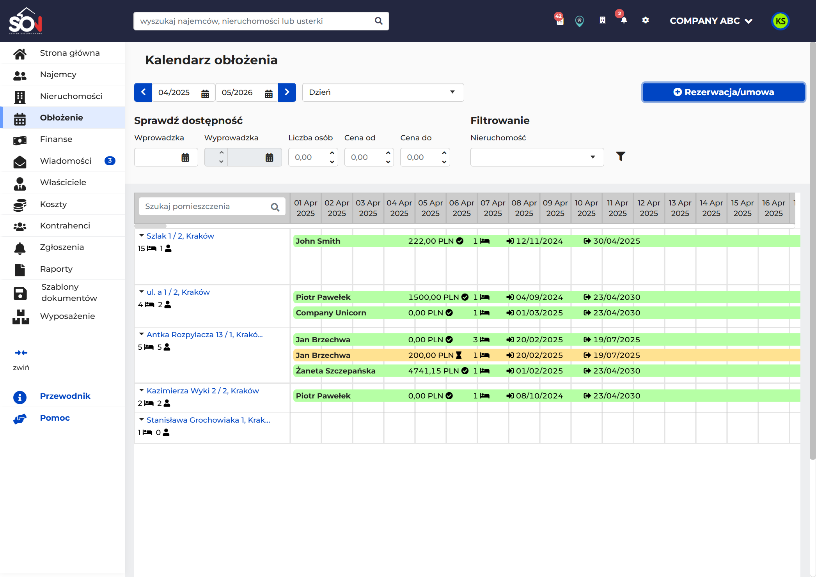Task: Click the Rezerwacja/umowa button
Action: point(724,92)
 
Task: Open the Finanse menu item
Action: point(56,139)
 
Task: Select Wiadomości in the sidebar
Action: point(66,161)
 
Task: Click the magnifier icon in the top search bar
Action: point(378,21)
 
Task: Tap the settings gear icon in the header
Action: point(646,20)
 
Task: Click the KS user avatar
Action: point(780,21)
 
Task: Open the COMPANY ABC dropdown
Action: point(711,21)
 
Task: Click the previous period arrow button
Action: point(143,92)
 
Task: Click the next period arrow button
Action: point(287,92)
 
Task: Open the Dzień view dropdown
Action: point(383,92)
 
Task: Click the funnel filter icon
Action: point(621,156)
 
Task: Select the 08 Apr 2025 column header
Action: point(524,208)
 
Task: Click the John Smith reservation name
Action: point(318,241)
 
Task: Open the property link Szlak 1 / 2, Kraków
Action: point(180,236)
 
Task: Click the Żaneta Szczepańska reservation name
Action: point(335,371)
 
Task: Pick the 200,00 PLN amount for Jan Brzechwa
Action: point(431,355)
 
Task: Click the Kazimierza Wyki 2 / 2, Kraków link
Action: point(202,391)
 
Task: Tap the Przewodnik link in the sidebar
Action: point(65,396)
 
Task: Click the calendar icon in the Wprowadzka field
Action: point(185,158)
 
